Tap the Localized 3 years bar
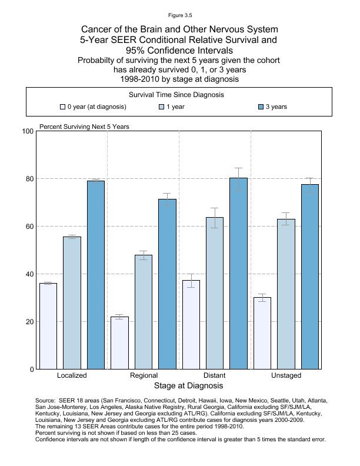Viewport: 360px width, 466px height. click(96, 275)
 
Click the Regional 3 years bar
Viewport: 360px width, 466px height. click(167, 284)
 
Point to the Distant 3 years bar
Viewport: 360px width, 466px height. click(238, 274)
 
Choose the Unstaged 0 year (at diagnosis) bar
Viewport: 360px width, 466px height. click(262, 333)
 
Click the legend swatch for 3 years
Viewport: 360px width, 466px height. click(261, 107)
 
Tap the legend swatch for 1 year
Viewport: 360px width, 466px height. click(162, 107)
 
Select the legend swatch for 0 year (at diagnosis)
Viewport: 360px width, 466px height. click(62, 107)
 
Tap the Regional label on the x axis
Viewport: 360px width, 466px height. click(144, 375)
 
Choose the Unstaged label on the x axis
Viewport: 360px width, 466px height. click(286, 375)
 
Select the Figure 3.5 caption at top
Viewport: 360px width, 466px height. click(179, 15)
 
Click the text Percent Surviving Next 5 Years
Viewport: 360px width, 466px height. click(84, 127)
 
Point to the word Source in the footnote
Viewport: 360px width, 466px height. click(45, 400)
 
